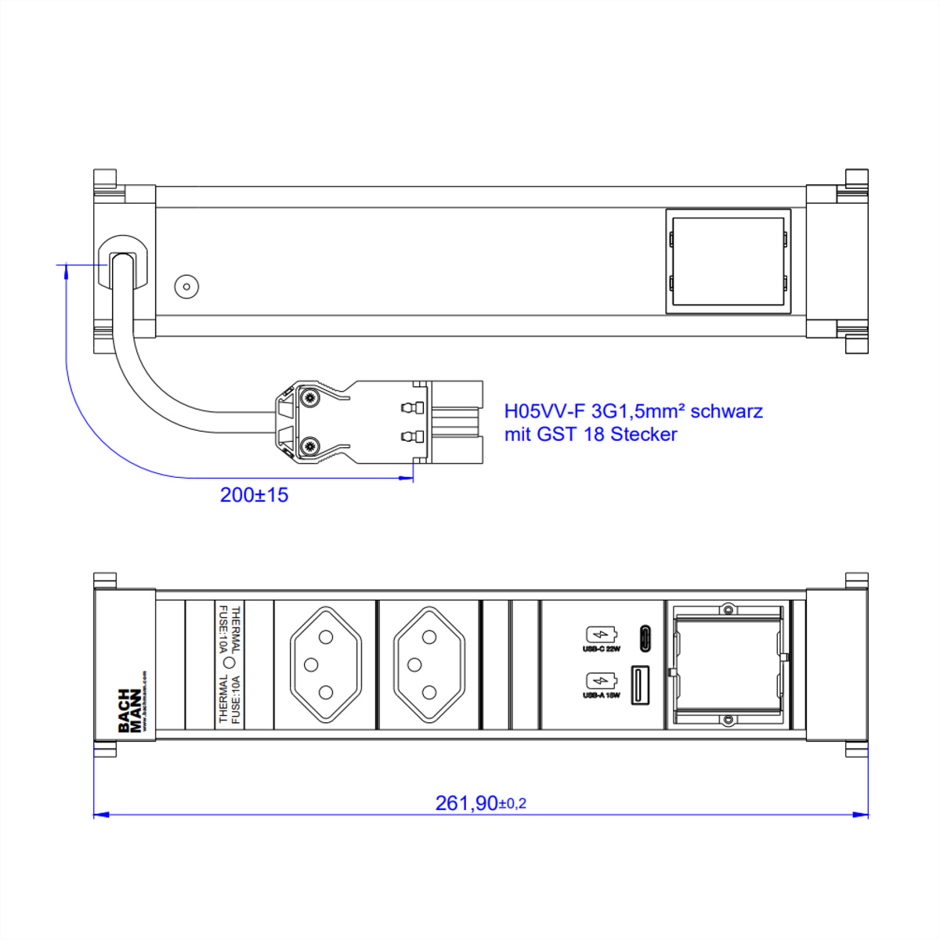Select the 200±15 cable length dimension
(x=254, y=495)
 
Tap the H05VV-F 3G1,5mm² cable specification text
(x=633, y=411)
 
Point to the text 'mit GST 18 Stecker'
(x=591, y=434)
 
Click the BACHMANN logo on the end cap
(x=129, y=710)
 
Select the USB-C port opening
(x=645, y=638)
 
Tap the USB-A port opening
(x=639, y=685)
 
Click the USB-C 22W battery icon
(x=602, y=635)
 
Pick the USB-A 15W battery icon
(x=602, y=681)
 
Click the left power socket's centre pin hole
(x=310, y=665)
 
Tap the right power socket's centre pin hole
(x=414, y=665)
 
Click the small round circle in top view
(x=186, y=287)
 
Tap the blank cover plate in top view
(x=728, y=261)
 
